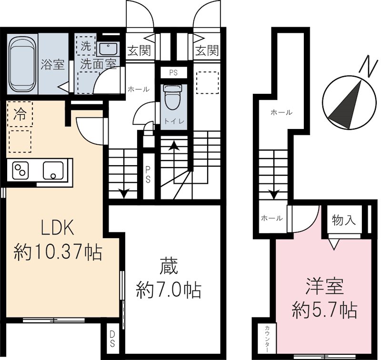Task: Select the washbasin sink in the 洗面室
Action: tap(109, 49)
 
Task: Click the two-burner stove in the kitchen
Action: tap(21, 170)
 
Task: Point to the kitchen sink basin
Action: tap(53, 170)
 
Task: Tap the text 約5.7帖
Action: tap(323, 311)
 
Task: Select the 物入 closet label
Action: tap(344, 220)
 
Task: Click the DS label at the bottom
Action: tap(112, 339)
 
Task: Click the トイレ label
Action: tap(171, 120)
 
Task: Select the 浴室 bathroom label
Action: tap(52, 64)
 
